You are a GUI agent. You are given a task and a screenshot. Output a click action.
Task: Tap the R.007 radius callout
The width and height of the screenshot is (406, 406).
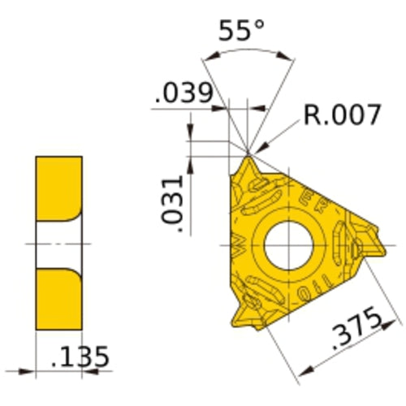click(x=342, y=114)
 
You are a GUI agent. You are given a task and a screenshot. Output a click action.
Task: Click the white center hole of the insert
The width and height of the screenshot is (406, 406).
click(x=280, y=243)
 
